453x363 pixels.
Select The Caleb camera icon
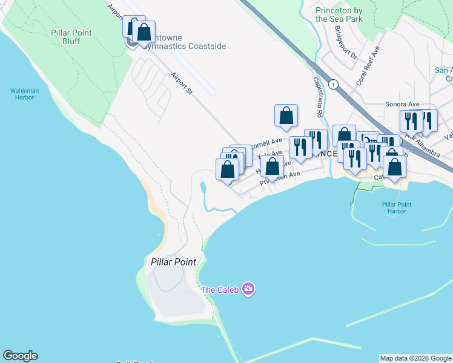(x=248, y=289)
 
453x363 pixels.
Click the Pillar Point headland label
(x=173, y=261)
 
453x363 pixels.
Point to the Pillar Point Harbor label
(x=397, y=208)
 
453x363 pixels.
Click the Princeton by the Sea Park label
(x=339, y=15)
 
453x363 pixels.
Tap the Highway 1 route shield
(x=333, y=84)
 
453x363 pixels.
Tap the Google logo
(x=20, y=356)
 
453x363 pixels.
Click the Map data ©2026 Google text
(x=415, y=358)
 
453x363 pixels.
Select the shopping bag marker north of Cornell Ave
(x=286, y=116)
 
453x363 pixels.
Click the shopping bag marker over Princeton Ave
(x=273, y=166)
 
